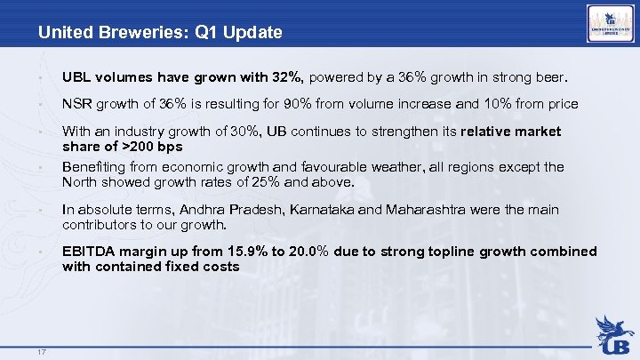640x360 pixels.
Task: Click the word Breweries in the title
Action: pyautogui.click(x=130, y=33)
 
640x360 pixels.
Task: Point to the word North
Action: pyautogui.click(x=82, y=183)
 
